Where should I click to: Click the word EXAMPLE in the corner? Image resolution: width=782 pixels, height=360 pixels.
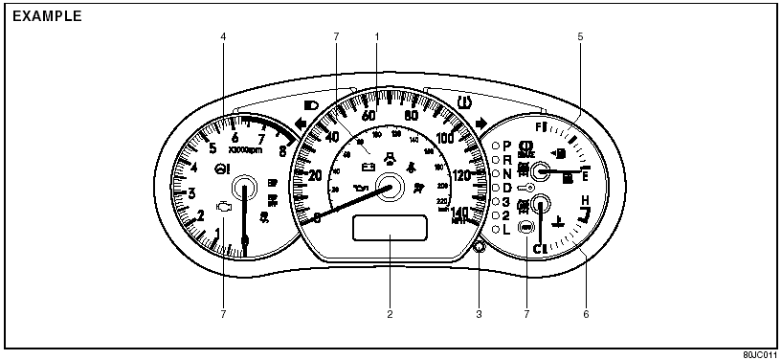[47, 16]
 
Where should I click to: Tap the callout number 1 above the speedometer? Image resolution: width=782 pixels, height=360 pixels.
[377, 36]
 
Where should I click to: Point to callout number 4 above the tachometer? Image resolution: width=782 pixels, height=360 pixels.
[223, 36]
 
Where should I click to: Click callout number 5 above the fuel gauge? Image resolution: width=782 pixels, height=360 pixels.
[579, 36]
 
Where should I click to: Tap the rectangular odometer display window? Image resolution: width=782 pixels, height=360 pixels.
[390, 230]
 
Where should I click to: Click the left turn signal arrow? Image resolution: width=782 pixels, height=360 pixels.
[301, 124]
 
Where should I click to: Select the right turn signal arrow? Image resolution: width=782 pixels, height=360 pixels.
[480, 123]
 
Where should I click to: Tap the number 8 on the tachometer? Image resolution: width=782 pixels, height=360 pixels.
[282, 149]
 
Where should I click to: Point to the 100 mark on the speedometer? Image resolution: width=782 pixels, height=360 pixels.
[445, 138]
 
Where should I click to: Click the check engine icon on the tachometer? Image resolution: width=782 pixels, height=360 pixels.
[224, 206]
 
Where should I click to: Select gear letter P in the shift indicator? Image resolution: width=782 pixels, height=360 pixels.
[507, 145]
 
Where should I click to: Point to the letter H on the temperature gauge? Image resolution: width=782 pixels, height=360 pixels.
[583, 199]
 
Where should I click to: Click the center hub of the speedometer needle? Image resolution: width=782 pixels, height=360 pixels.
[390, 187]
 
